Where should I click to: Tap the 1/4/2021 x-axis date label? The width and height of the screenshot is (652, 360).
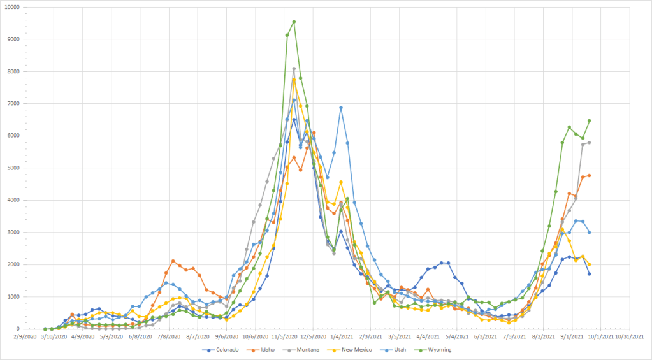342,338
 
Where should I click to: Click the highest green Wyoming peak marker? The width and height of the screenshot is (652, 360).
294,22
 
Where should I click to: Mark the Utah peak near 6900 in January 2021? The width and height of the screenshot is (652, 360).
341,108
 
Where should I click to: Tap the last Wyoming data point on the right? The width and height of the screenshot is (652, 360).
590,120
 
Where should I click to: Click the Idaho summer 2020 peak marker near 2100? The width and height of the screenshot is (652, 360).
173,261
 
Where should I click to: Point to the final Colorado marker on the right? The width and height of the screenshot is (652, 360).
590,274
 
